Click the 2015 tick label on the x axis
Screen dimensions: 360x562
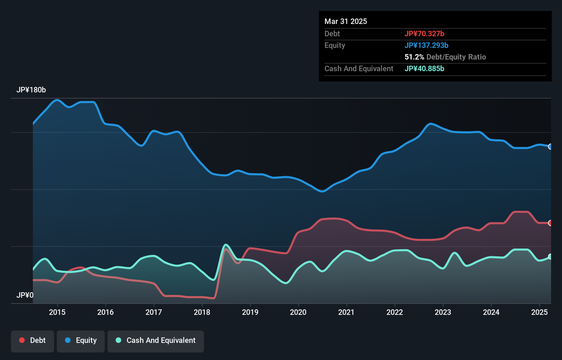[x=57, y=312]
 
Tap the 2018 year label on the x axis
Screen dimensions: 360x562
[x=202, y=312]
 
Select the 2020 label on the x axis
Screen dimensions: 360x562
[x=298, y=312]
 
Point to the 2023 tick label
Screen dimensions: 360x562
[x=443, y=312]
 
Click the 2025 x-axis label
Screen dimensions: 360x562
[x=539, y=312]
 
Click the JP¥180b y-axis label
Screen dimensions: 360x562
[x=31, y=90]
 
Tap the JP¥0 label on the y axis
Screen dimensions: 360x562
[x=25, y=295]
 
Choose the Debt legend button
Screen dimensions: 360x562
[x=33, y=340]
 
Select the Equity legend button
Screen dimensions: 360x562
[x=81, y=340]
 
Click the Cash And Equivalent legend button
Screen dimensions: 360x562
[x=156, y=340]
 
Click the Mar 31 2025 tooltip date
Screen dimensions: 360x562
[x=346, y=22]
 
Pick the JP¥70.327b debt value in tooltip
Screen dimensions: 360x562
[x=424, y=34]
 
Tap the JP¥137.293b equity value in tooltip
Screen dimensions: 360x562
[x=426, y=45]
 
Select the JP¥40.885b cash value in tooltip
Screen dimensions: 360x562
[x=424, y=68]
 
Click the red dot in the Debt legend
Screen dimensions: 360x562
[x=22, y=340]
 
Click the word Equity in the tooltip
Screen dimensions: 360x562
[x=335, y=45]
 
